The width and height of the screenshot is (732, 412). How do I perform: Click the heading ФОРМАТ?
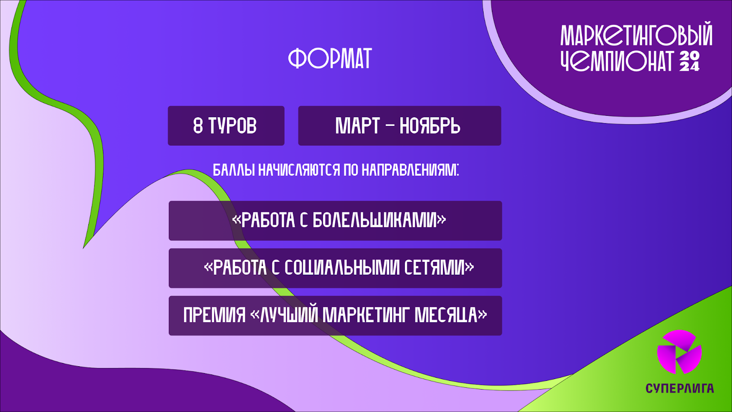click(x=330, y=58)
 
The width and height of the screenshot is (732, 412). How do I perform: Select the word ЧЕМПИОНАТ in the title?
click(x=617, y=61)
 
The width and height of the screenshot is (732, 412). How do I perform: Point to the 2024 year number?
click(x=689, y=61)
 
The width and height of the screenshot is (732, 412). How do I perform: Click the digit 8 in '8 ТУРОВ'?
click(x=198, y=125)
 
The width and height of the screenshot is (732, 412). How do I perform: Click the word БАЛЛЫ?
click(x=234, y=170)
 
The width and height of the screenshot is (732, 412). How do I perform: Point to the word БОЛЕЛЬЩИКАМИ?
click(x=375, y=220)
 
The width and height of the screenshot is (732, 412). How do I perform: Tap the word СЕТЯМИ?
click(x=434, y=268)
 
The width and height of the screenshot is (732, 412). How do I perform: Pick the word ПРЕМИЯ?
click(x=215, y=315)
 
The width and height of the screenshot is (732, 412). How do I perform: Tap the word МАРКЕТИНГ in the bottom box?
click(x=366, y=315)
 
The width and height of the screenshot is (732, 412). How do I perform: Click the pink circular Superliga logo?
click(x=679, y=352)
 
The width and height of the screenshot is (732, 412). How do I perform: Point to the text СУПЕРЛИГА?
click(x=680, y=388)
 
